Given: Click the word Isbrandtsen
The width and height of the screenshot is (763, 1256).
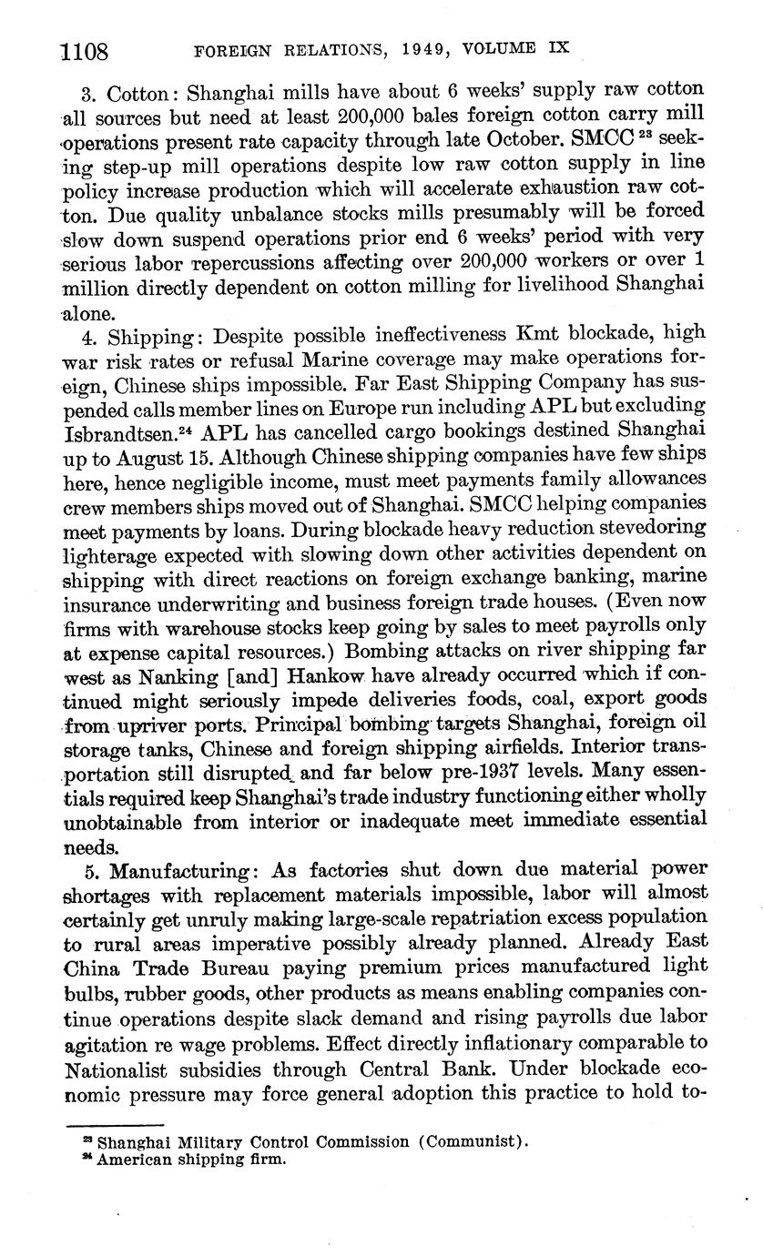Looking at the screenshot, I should [111, 430].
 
